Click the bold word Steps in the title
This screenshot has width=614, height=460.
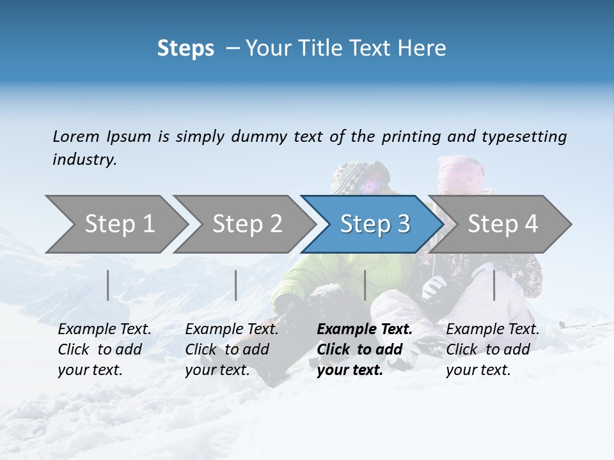(x=185, y=49)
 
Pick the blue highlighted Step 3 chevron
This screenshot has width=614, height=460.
(x=375, y=224)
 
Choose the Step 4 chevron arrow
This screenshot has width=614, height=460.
(x=503, y=224)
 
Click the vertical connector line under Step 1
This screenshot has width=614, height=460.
(x=108, y=285)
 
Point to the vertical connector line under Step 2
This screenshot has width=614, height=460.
(x=236, y=285)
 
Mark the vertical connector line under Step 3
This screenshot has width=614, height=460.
(x=365, y=285)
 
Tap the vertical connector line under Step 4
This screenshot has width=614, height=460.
(x=494, y=285)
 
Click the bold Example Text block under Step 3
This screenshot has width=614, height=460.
(x=365, y=349)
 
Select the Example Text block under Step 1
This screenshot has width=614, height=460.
(x=104, y=349)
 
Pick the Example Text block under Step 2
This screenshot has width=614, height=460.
(x=232, y=349)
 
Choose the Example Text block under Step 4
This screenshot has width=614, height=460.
(x=492, y=349)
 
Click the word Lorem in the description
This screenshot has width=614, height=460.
(x=76, y=137)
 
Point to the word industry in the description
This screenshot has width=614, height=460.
(x=84, y=160)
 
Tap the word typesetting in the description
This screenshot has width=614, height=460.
(x=524, y=137)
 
